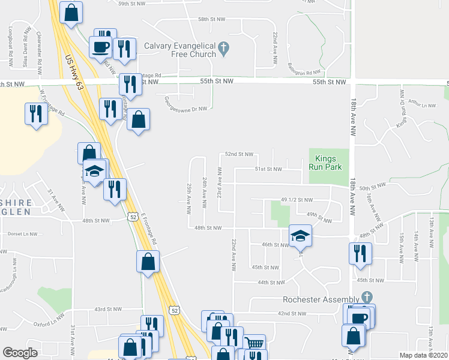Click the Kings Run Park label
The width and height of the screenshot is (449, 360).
coord(328,163)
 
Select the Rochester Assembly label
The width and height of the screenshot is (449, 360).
coord(321,299)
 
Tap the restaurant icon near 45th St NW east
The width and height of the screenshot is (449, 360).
coord(361,253)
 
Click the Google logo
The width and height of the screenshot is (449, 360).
coord(20,353)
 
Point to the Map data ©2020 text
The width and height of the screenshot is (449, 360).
coord(423,355)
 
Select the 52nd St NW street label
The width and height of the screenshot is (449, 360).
coord(239,154)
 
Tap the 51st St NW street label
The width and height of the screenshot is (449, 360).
coord(268,169)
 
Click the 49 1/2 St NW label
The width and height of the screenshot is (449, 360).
coord(297,199)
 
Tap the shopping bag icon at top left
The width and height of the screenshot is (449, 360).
coord(71,12)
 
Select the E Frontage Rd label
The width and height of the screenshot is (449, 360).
coord(149,228)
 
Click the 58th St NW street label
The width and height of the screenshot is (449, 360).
coord(211,19)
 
